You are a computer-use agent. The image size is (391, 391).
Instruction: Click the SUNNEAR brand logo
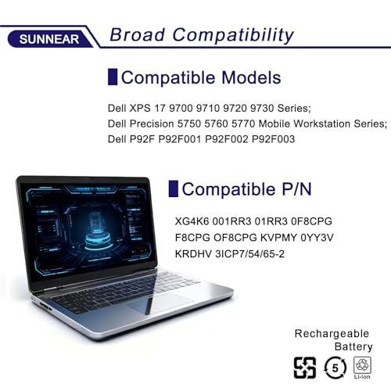tap(49, 39)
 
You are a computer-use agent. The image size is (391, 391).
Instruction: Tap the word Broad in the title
tap(138, 34)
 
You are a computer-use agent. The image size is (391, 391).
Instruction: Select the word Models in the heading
tap(251, 77)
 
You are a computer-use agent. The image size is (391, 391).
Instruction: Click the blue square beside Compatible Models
tap(113, 77)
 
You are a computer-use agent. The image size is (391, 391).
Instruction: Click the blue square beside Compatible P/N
tap(174, 188)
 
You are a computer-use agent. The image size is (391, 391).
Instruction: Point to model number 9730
tap(261, 108)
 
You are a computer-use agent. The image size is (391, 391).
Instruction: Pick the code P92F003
tap(273, 139)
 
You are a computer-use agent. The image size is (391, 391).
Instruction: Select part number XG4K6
tap(192, 221)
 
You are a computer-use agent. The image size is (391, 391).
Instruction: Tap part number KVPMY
tap(278, 238)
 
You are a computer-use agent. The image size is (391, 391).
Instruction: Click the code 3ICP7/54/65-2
tap(249, 253)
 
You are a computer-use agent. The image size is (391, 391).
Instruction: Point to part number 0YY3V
tap(317, 238)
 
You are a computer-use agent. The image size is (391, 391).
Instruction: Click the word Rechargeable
tap(332, 334)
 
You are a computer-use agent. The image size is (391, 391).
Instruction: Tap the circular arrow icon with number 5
tap(335, 368)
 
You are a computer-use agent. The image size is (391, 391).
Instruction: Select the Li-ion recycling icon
tap(362, 368)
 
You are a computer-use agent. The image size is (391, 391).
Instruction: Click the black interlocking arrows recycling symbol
tap(305, 368)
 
